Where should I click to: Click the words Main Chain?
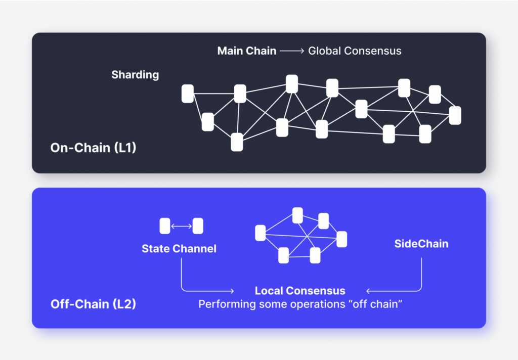(x=247, y=51)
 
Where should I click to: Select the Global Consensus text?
(x=355, y=51)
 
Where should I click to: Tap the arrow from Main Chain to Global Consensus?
(x=292, y=51)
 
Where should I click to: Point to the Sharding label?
(x=135, y=75)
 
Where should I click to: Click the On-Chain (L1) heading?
(x=93, y=148)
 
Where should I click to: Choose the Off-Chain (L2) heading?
(x=93, y=304)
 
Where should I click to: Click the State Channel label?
(x=179, y=248)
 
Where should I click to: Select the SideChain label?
(x=421, y=244)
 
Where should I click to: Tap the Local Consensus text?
(x=300, y=291)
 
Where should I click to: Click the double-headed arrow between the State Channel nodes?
(x=181, y=227)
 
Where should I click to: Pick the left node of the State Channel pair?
(x=165, y=226)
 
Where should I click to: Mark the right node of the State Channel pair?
(x=198, y=226)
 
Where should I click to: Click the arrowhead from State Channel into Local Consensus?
(x=231, y=291)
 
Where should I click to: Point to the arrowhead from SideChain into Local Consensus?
(x=368, y=291)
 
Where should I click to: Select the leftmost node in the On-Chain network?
(x=188, y=94)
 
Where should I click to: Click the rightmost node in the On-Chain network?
(x=455, y=115)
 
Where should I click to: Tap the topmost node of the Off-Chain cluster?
(x=298, y=215)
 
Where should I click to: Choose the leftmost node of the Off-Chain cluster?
(x=261, y=233)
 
